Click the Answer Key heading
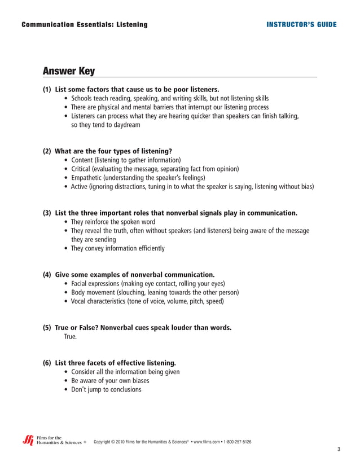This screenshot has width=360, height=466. tap(69, 71)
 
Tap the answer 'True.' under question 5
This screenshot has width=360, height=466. tap(70, 337)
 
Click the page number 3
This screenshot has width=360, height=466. tap(339, 449)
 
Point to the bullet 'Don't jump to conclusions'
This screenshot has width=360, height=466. tap(106, 390)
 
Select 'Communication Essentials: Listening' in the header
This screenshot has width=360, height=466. tap(84, 25)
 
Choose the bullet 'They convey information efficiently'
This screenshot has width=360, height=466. tap(118, 248)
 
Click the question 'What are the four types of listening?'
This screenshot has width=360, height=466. tap(113, 151)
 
